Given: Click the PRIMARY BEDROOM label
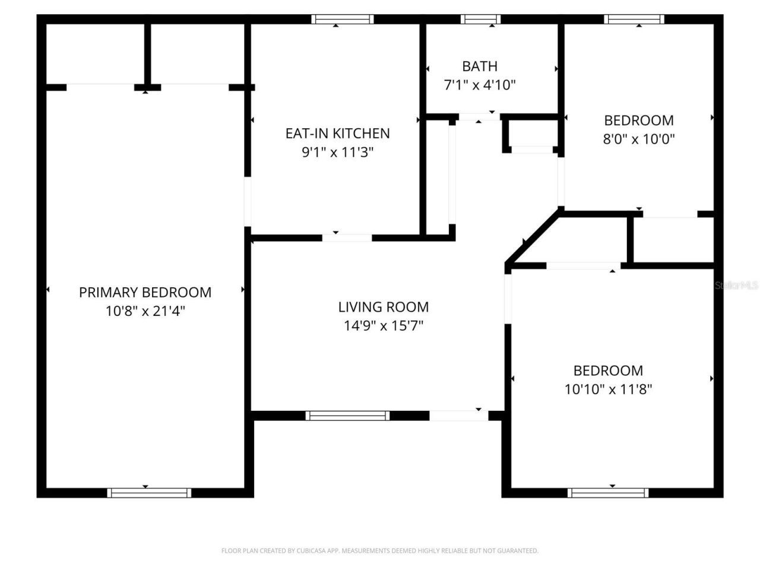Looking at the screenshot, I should [x=145, y=292].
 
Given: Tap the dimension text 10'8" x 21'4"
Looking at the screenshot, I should [x=145, y=311].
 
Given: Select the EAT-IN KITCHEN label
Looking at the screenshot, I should [x=337, y=133].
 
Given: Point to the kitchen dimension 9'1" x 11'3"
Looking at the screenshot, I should [x=337, y=153].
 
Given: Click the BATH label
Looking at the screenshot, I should [x=480, y=66].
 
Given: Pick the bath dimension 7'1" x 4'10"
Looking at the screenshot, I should [x=480, y=85].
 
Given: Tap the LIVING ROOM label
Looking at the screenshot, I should [x=383, y=307].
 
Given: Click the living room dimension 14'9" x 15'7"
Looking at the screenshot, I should [x=383, y=326].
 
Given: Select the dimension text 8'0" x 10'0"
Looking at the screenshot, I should [x=639, y=140].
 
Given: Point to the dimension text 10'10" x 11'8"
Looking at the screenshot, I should [x=608, y=389].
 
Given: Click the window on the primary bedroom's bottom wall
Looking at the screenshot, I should [x=149, y=493].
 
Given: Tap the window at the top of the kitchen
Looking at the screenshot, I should [x=343, y=19].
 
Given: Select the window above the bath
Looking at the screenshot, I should [x=480, y=19].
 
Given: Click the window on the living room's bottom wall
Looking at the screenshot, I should [x=347, y=416].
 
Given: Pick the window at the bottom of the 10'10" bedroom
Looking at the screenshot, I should [x=608, y=493].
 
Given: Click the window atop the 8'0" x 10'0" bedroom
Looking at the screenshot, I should [x=634, y=19].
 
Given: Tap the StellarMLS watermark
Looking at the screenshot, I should [x=736, y=286].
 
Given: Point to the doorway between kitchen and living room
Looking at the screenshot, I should [x=347, y=238].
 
